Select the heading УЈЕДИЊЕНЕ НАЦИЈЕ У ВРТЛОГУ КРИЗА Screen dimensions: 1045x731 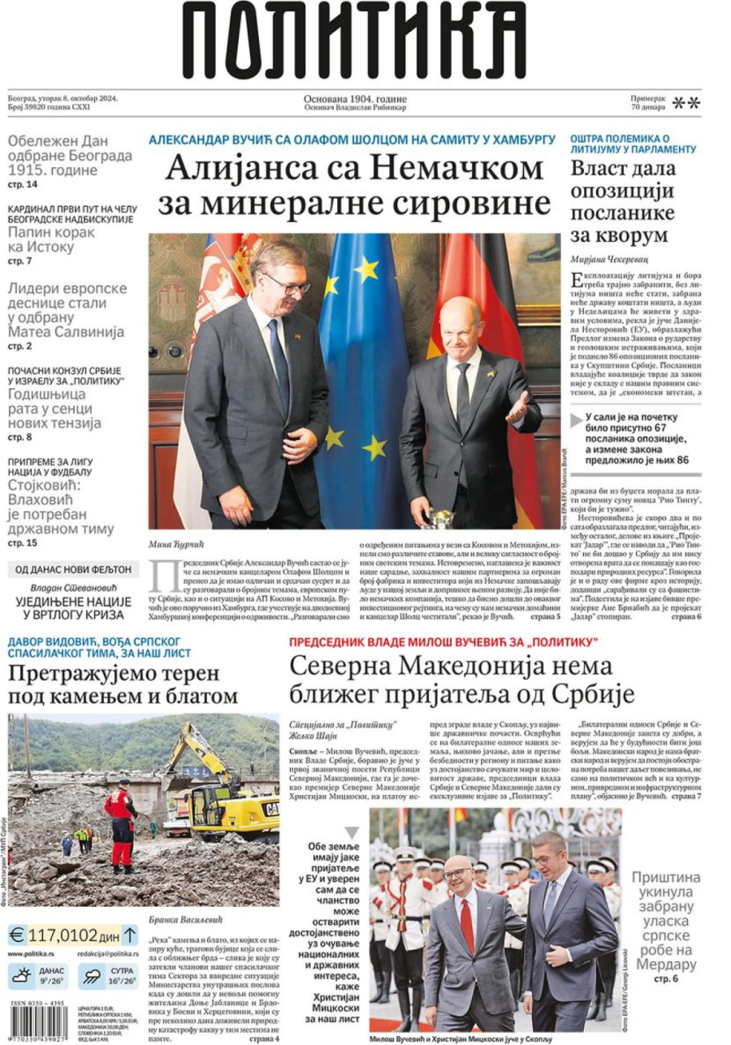[73, 608]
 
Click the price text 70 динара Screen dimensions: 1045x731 [647, 107]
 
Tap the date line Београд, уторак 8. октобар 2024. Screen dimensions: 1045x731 [63, 99]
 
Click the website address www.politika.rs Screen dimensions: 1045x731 [32, 954]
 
